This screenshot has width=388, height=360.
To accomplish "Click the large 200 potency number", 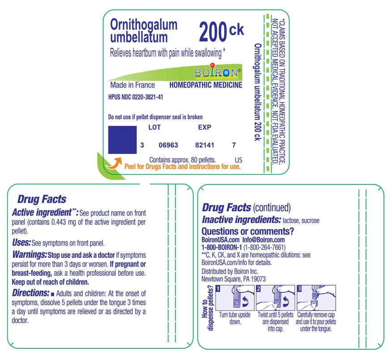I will (x=213, y=32).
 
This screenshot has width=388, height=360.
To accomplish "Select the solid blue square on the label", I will (x=122, y=140).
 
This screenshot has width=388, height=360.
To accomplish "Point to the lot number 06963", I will (x=168, y=145).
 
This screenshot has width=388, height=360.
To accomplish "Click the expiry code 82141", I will (x=206, y=145).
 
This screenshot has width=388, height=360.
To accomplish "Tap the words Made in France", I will (x=132, y=85).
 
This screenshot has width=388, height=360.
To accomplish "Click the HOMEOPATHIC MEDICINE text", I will (x=206, y=85).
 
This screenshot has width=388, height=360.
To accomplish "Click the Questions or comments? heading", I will (x=248, y=231).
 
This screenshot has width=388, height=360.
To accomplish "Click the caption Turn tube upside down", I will (x=235, y=318).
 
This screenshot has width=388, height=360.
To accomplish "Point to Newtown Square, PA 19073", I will (x=234, y=279).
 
